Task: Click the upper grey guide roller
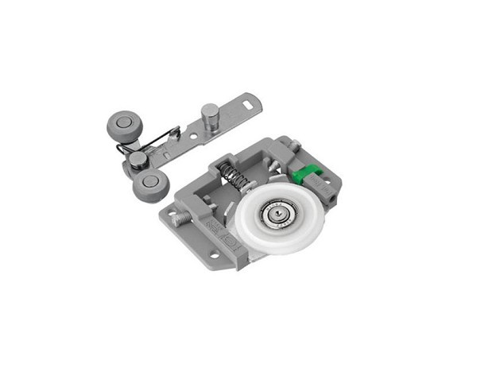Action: tap(122, 126)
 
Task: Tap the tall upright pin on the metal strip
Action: tap(210, 115)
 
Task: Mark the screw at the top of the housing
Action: tap(293, 145)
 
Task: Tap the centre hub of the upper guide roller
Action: tap(122, 122)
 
